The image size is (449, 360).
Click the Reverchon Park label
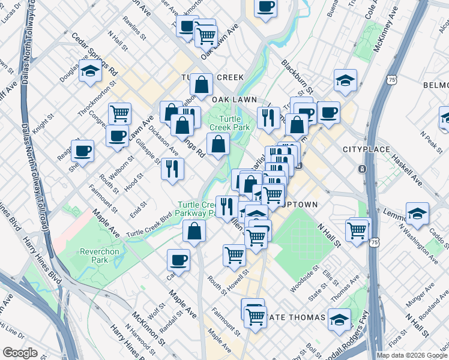(88, 255)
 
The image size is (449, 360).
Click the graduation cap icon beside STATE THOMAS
(339, 319)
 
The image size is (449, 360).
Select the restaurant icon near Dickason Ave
(172, 169)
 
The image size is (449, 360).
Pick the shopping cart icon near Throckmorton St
(120, 113)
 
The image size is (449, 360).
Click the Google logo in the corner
(20, 353)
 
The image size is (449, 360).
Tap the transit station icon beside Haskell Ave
(362, 169)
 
